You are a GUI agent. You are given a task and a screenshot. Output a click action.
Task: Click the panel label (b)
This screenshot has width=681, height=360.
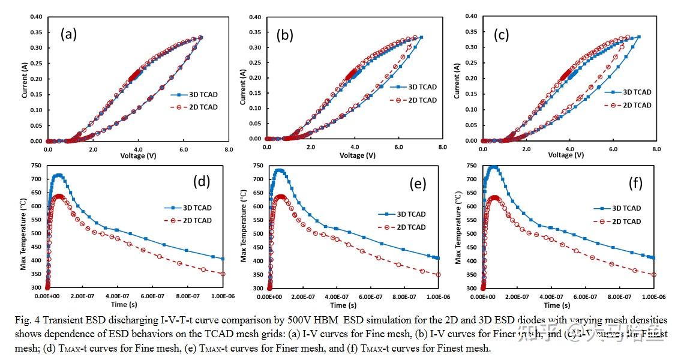click(284, 35)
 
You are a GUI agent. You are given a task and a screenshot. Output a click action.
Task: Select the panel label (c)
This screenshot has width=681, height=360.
click(501, 35)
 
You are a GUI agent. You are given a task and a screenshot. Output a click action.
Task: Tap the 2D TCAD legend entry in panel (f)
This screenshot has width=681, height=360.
click(628, 221)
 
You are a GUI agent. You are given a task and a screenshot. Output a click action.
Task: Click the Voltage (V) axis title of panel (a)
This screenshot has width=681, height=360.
click(137, 155)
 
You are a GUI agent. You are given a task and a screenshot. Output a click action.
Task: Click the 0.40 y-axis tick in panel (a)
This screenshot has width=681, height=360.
click(35, 16)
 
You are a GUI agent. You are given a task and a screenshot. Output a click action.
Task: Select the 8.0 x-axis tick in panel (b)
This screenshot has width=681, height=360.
click(442, 147)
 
